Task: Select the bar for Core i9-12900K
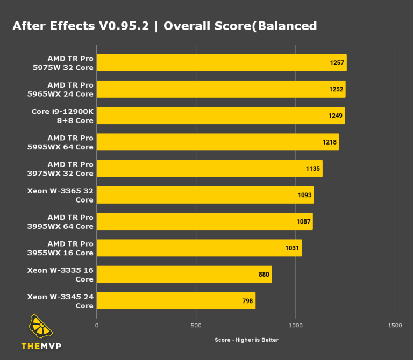[x=220, y=116]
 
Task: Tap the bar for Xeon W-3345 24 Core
[x=176, y=301]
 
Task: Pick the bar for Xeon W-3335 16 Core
[x=184, y=275]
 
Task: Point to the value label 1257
[x=337, y=63]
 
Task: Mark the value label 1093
[x=304, y=195]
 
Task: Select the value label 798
[x=247, y=301]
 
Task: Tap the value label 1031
[x=292, y=248]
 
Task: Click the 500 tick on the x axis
[x=196, y=326]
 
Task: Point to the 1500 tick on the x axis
[x=395, y=326]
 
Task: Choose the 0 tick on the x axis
[x=97, y=326]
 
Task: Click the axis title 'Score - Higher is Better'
[x=246, y=340]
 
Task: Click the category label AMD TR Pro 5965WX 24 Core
[x=70, y=89]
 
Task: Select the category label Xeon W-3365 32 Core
[x=60, y=195]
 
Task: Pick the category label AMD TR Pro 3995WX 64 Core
[x=70, y=221]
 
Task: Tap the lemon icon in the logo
[x=41, y=327]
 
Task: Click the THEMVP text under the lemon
[x=41, y=345]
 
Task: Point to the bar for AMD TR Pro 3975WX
[x=209, y=169]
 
